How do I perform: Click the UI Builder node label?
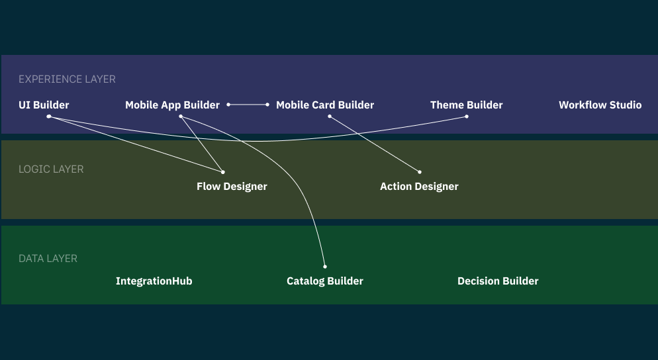coord(44,105)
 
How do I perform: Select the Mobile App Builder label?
coord(172,105)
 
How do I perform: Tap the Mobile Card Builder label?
coord(325,105)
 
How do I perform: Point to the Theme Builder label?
coord(466,105)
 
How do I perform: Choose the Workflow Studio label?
coord(600,105)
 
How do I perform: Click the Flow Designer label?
coord(232,187)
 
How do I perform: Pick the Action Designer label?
coord(419,187)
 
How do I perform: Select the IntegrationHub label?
coord(154,281)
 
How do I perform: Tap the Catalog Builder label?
coord(325,281)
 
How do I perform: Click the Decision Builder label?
coord(498,281)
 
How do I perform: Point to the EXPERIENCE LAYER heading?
coord(67,79)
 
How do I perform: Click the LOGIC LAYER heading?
coord(51,169)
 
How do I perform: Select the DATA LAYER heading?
coord(48,259)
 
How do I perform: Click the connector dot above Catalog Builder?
coord(325,267)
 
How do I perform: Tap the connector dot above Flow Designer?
coord(223,172)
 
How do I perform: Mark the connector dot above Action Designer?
coord(420,172)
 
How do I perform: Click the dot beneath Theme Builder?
coord(467,116)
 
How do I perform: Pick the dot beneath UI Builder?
coord(49,116)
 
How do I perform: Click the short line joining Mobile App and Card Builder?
coord(248,105)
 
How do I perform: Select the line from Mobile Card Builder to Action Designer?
coord(374,144)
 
